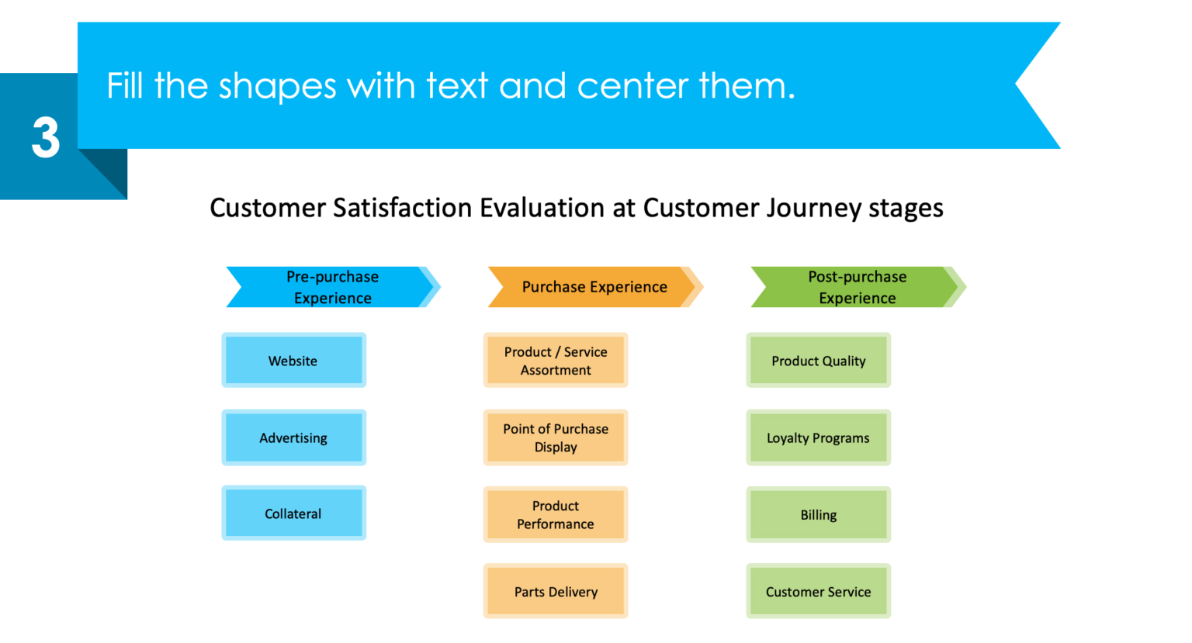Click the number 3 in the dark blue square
pos(46,138)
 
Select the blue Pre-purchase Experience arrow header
pos(332,287)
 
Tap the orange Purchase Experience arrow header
pos(594,287)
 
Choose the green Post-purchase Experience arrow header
pos(857,287)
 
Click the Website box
pos(293,361)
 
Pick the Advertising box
pos(293,437)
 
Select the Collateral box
pos(293,513)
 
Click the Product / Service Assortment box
pos(556,361)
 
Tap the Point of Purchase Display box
pos(556,437)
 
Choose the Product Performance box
pos(556,514)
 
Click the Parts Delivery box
pos(556,591)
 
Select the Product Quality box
pos(818,361)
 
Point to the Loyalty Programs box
pos(818,437)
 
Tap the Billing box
pos(818,514)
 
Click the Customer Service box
pos(818,591)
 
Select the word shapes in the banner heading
pos(277,85)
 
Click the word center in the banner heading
pos(632,85)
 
